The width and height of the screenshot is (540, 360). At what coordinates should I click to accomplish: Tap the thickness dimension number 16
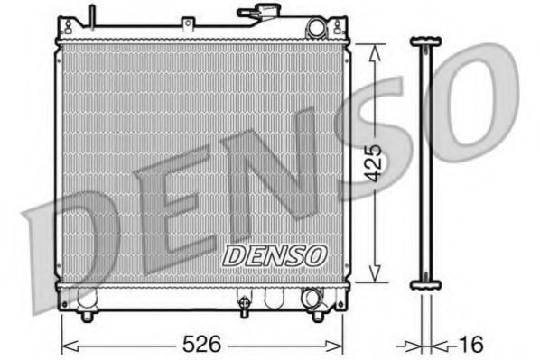[x=471, y=344]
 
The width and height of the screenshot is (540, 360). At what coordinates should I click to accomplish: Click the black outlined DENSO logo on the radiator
[x=274, y=255]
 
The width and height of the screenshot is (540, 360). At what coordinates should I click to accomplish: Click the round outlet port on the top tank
[x=315, y=29]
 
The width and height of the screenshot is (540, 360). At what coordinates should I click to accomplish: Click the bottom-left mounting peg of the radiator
[x=87, y=315]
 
